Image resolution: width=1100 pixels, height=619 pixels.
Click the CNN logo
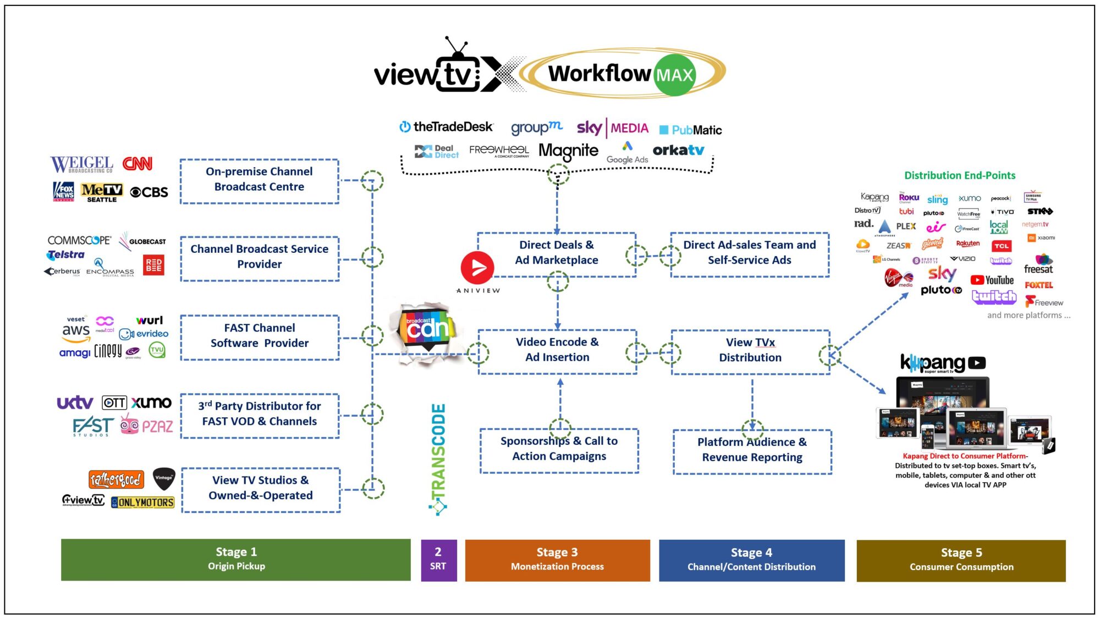[137, 164]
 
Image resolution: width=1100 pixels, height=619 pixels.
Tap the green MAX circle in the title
[674, 75]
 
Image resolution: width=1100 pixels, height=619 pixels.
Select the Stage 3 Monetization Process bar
[557, 560]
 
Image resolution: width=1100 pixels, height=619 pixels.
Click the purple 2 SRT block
[438, 560]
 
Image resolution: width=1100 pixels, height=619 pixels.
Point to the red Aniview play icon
[477, 268]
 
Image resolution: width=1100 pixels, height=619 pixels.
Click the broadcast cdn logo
[427, 329]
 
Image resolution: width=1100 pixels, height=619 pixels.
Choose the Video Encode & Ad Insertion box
[557, 350]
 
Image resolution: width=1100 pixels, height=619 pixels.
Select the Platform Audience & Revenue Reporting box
[752, 450]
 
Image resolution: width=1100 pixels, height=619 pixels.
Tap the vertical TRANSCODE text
[438, 454]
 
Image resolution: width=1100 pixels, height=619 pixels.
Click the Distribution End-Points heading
[959, 175]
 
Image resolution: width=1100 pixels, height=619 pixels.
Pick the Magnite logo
[568, 151]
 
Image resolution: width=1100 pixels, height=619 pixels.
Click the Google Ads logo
[627, 153]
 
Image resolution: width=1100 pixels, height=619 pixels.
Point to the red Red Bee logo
[153, 265]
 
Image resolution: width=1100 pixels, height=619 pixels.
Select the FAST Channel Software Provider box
[260, 336]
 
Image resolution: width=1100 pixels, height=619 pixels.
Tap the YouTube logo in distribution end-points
[992, 280]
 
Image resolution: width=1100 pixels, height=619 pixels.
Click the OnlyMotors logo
[142, 502]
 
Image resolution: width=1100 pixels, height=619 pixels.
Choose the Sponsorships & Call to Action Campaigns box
[559, 449]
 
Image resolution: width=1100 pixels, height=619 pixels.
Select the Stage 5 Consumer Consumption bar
[960, 560]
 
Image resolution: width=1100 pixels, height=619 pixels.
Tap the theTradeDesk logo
[446, 127]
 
